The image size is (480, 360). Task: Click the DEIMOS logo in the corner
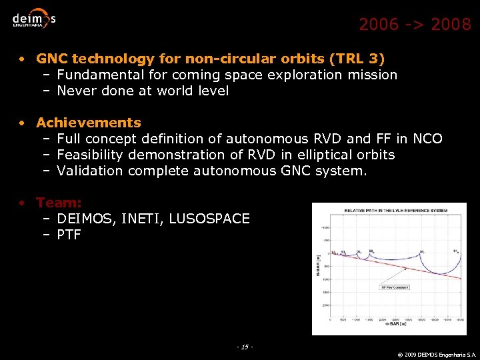pyautogui.click(x=34, y=19)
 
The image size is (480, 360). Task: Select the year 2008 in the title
pyautogui.click(x=451, y=25)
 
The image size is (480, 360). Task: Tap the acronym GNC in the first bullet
pyautogui.click(x=51, y=59)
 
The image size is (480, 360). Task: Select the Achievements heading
pyautogui.click(x=89, y=123)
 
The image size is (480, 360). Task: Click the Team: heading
pyautogui.click(x=59, y=203)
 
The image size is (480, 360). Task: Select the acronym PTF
pyautogui.click(x=69, y=235)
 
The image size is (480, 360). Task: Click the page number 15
pyautogui.click(x=245, y=347)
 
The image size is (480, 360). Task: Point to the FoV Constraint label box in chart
pyautogui.click(x=394, y=287)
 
